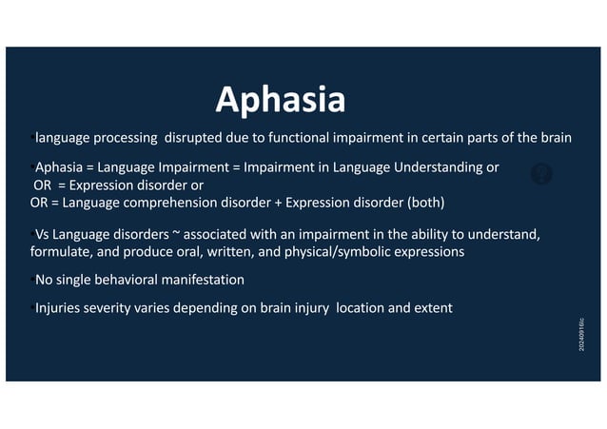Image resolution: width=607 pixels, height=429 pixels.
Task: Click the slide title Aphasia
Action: [x=280, y=99]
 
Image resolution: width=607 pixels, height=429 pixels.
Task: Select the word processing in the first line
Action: [x=125, y=138]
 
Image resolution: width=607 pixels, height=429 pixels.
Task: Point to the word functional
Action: [x=286, y=138]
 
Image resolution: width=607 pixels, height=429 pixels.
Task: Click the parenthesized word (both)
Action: [x=425, y=203]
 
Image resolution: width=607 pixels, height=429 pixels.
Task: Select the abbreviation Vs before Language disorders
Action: [x=42, y=235]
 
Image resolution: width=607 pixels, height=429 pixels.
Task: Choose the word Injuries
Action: [x=61, y=308]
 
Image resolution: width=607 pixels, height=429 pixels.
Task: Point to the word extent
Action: [x=430, y=308]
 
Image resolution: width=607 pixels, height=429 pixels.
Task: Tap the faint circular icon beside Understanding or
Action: [x=541, y=174]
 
